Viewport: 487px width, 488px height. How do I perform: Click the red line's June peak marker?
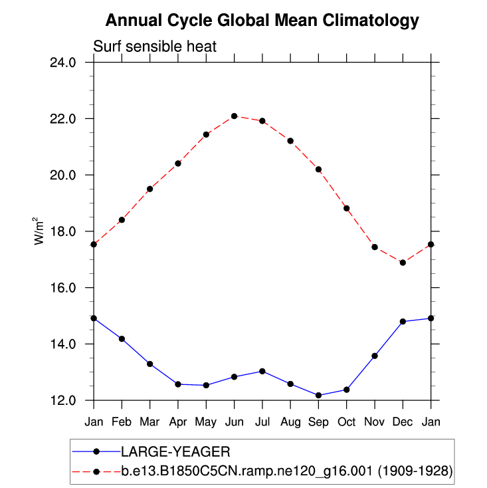coord(234,116)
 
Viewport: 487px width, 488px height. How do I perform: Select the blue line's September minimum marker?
coord(318,396)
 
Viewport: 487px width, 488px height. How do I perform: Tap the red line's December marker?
coord(403,263)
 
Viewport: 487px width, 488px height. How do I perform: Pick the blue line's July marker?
coord(262,371)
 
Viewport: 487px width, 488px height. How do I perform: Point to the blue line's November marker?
coord(375,356)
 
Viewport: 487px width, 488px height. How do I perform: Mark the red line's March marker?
coord(150,189)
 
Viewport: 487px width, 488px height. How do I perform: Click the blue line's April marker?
coord(178,384)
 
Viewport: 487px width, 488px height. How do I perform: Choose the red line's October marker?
coord(347,208)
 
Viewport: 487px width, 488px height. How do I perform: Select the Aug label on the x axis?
coord(290,422)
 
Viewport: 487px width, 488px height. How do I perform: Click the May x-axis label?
coord(206,422)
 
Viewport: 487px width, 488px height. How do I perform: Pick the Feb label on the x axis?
coord(122,422)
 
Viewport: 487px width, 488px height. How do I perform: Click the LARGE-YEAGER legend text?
coord(175,452)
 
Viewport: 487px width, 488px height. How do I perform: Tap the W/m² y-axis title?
coord(40,231)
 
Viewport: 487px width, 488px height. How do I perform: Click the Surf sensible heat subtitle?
coord(155,47)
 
